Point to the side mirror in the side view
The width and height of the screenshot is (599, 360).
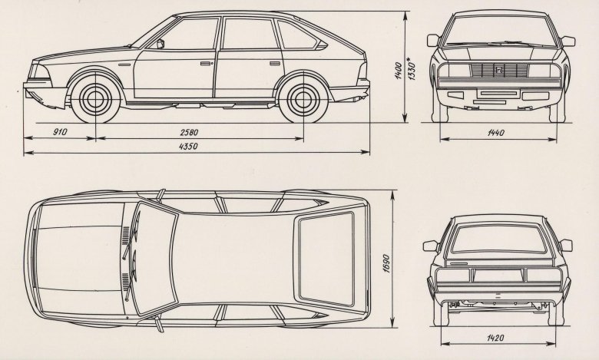pos(161,45)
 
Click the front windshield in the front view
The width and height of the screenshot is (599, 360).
pos(497,35)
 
